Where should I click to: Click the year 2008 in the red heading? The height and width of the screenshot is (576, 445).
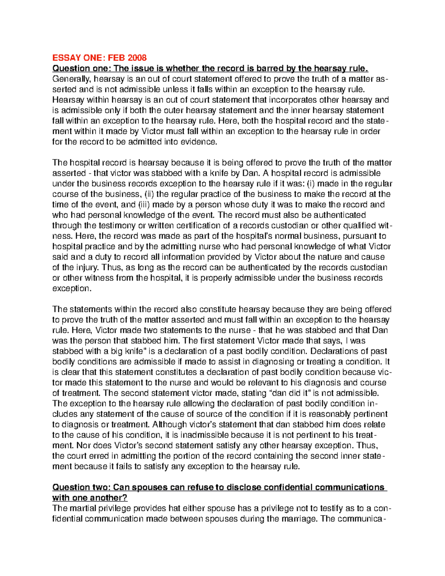[137, 58]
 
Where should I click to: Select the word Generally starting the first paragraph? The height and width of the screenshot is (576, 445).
[72, 79]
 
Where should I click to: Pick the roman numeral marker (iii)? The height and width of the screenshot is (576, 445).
[144, 205]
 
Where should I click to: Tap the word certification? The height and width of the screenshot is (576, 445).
[198, 226]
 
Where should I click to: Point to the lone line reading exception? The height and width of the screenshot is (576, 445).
[71, 289]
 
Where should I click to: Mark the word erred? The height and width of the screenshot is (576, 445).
[99, 456]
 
